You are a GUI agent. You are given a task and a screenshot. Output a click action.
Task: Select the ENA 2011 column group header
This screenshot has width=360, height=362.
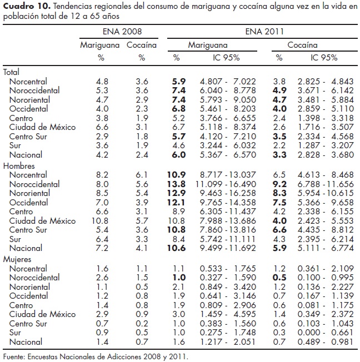260,32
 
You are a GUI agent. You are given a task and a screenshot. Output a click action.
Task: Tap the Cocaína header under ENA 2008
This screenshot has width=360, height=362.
142,44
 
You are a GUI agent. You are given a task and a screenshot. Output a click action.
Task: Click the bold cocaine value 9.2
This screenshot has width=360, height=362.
279,183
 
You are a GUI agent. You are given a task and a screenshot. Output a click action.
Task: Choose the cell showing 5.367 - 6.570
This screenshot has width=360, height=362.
229,155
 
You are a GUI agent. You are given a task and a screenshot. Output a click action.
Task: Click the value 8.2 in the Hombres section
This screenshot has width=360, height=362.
102,174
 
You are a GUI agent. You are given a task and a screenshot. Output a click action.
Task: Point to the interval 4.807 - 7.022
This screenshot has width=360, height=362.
229,81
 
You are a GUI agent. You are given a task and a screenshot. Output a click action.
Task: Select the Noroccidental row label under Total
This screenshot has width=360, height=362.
36,90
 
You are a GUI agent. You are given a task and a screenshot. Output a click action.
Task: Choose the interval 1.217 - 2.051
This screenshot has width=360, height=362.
229,343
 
